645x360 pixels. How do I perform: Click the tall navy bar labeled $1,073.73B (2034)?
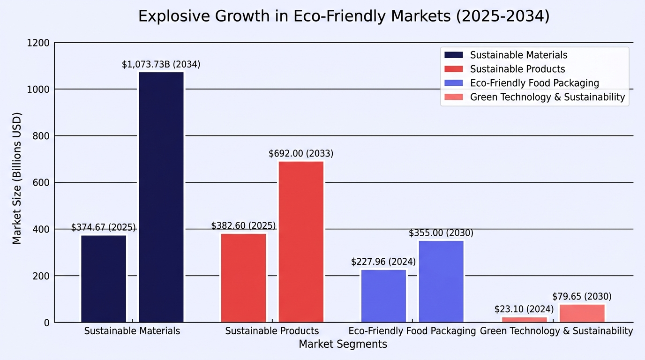click(161, 197)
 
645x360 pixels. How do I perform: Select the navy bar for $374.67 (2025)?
click(104, 279)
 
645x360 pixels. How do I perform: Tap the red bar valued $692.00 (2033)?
click(301, 241)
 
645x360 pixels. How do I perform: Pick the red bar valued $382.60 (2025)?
click(244, 278)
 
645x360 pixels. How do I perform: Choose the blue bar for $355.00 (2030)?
click(441, 281)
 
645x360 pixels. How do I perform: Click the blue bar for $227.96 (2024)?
click(383, 296)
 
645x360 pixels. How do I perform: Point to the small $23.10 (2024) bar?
click(525, 320)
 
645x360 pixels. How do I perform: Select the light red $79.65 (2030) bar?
click(582, 313)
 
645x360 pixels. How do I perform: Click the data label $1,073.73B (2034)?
click(161, 64)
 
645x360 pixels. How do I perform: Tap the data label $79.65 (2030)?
click(582, 296)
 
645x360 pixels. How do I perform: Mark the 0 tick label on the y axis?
click(47, 323)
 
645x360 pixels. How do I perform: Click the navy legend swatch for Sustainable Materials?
click(454, 55)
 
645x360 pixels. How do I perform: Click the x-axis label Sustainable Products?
click(272, 331)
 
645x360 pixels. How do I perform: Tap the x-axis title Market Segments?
click(343, 344)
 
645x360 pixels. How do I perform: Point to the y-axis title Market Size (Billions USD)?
click(17, 178)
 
